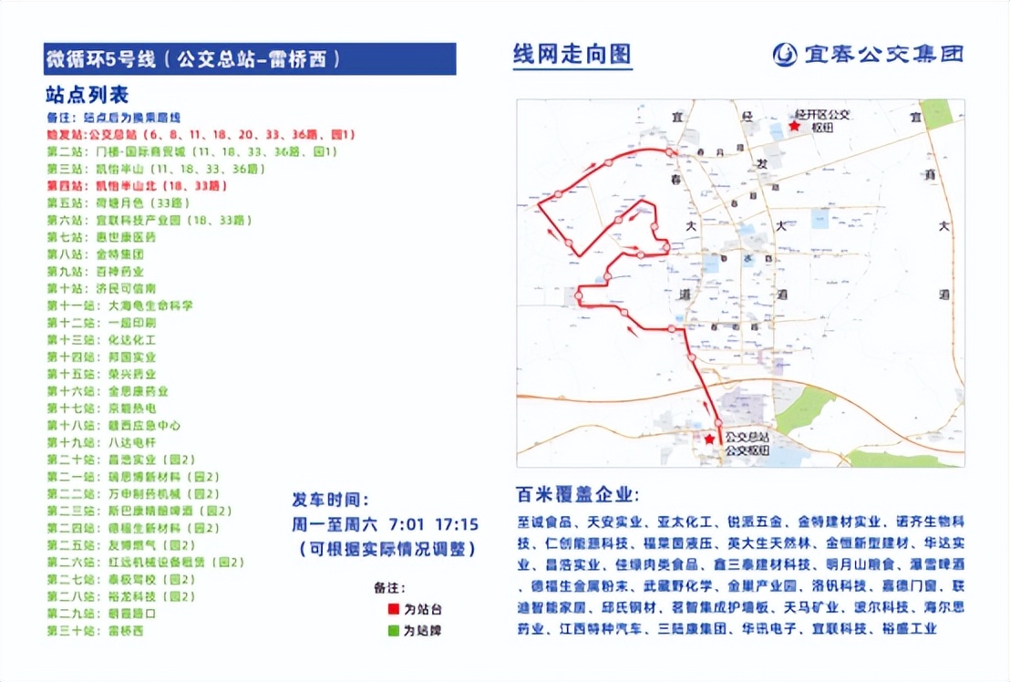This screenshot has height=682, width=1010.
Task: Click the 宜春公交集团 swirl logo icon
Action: pos(784,55)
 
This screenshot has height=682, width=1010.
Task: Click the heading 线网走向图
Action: pos(572,54)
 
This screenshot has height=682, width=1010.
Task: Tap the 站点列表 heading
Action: pos(88,94)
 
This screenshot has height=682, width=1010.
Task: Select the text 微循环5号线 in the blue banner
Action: pos(101,60)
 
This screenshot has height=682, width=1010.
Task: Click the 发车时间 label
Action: pos(330,501)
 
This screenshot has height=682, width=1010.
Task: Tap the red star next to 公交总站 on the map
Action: pos(709,439)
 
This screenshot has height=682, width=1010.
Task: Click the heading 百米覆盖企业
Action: pos(577,496)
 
